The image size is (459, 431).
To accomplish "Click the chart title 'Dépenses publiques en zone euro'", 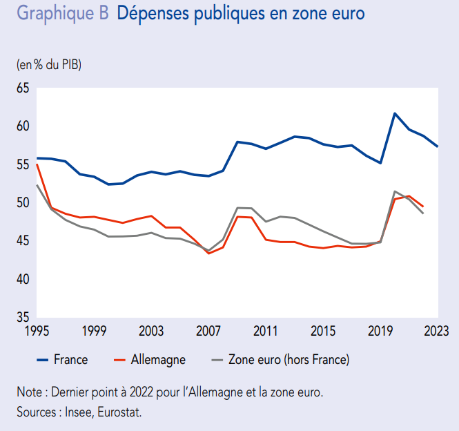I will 241,14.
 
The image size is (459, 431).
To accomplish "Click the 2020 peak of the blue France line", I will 394,113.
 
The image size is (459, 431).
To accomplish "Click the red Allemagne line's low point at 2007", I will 208,253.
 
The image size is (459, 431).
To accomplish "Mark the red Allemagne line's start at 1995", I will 37,165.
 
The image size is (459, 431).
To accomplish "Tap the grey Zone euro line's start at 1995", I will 37,185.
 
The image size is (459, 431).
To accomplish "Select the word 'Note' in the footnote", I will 30,392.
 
